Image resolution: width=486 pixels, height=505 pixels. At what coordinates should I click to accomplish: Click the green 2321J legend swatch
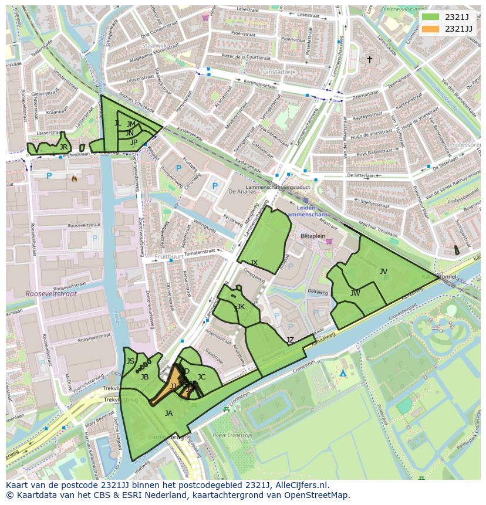430,17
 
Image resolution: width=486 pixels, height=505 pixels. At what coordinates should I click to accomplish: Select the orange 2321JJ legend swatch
430,29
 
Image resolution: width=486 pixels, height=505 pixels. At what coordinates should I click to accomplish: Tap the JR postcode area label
63,147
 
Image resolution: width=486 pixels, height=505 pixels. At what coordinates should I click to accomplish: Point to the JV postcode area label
383,271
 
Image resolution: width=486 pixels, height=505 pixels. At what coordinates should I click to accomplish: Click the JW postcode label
355,293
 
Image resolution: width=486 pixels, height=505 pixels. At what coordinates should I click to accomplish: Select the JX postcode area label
254,263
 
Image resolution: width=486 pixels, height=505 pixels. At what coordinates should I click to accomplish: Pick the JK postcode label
240,307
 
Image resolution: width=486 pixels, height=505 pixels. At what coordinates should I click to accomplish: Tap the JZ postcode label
290,340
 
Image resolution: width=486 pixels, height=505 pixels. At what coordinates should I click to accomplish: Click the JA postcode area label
168,414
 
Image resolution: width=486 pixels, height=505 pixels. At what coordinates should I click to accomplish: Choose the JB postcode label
144,377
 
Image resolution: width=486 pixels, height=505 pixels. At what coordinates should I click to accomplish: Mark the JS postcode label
130,361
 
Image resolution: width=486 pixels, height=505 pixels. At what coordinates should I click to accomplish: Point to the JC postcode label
201,377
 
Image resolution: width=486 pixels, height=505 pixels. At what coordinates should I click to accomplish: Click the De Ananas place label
240,192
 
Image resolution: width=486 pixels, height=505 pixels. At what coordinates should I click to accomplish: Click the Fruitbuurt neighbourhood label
168,257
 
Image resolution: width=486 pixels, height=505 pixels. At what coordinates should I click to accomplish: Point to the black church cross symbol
369,59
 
